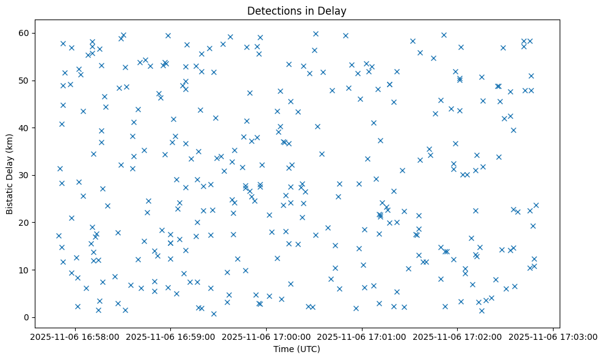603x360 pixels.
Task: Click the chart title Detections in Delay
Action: pos(297,11)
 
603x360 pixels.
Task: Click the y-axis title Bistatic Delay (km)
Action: pos(10,174)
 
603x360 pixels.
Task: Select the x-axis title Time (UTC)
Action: pos(297,350)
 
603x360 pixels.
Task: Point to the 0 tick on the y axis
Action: pos(27,317)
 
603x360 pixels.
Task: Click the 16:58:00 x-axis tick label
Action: pos(75,336)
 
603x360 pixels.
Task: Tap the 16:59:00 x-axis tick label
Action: pos(171,336)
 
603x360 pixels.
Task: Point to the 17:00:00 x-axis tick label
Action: pos(267,336)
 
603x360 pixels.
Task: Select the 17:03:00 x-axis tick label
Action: pos(554,336)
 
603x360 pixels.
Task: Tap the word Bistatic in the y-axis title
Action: pos(10,196)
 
